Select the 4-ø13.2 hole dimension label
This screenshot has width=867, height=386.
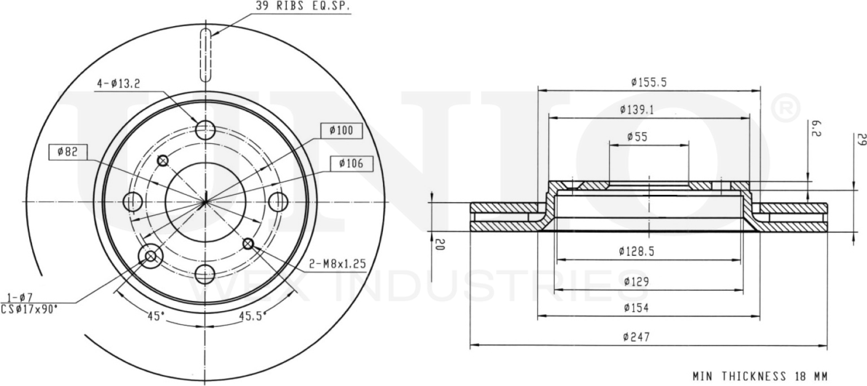pos(118,84)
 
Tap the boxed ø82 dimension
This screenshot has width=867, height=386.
pos(68,151)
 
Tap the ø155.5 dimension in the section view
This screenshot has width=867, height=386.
pos(649,82)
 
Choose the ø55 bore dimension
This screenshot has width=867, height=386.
pos(637,137)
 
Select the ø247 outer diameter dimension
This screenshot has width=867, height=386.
pos(636,337)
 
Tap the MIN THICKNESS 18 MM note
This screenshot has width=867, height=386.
pos(759,376)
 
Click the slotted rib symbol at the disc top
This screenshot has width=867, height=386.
pos(206,55)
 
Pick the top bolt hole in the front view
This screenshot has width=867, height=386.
pos(207,130)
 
